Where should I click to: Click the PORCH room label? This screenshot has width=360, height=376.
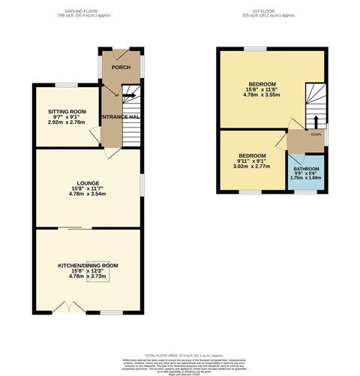(x=120, y=68)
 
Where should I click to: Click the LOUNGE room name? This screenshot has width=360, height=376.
(x=87, y=182)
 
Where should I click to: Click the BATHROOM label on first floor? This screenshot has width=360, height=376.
(x=306, y=169)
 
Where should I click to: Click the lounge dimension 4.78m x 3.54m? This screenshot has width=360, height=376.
(x=87, y=194)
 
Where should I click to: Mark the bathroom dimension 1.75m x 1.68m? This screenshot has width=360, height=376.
(x=306, y=179)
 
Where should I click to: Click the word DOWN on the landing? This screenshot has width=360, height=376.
(x=316, y=135)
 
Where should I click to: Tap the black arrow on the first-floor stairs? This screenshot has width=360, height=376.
(x=315, y=121)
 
